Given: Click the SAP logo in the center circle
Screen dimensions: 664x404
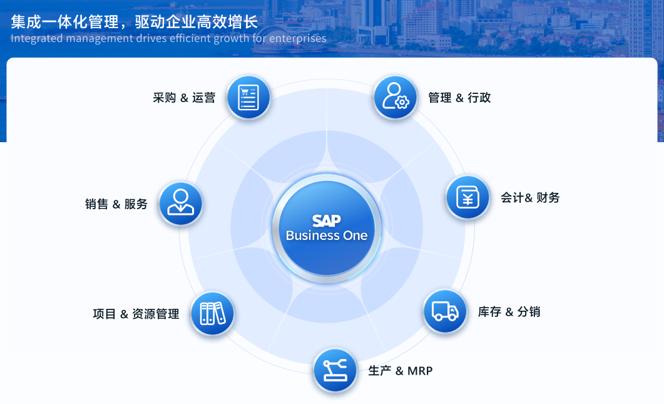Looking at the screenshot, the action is tap(327, 220).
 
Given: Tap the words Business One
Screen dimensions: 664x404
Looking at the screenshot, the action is tap(327, 236).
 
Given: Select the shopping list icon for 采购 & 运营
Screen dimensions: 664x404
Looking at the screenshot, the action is tap(248, 98).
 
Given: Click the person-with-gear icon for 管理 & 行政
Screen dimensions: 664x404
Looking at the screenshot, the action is tap(396, 98).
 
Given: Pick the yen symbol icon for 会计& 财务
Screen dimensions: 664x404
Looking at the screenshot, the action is tap(468, 197).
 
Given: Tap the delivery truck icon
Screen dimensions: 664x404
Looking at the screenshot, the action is tap(445, 311).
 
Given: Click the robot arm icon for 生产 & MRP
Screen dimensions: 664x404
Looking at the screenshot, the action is tap(335, 371).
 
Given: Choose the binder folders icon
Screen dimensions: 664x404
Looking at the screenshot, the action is tap(213, 314).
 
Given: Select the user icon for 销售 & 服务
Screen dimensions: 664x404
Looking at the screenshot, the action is tap(181, 204).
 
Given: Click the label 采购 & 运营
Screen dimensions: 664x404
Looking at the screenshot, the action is tap(184, 98).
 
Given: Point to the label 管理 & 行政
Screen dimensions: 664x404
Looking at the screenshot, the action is tap(459, 98).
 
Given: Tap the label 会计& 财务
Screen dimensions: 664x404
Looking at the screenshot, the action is tap(530, 197).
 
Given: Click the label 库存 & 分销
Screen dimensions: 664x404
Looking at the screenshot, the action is tap(509, 312).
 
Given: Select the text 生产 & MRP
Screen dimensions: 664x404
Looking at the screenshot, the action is tap(400, 371).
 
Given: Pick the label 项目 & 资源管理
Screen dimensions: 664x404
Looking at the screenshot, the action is tap(136, 314).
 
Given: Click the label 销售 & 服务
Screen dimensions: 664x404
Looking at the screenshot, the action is tap(116, 204).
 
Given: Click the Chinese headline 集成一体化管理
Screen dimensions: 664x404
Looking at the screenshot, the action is tap(65, 22).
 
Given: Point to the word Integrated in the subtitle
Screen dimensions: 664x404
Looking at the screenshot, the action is tap(37, 39).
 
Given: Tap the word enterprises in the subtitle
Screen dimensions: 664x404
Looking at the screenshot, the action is tap(298, 39).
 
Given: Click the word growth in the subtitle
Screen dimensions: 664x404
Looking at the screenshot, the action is tap(231, 39).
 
